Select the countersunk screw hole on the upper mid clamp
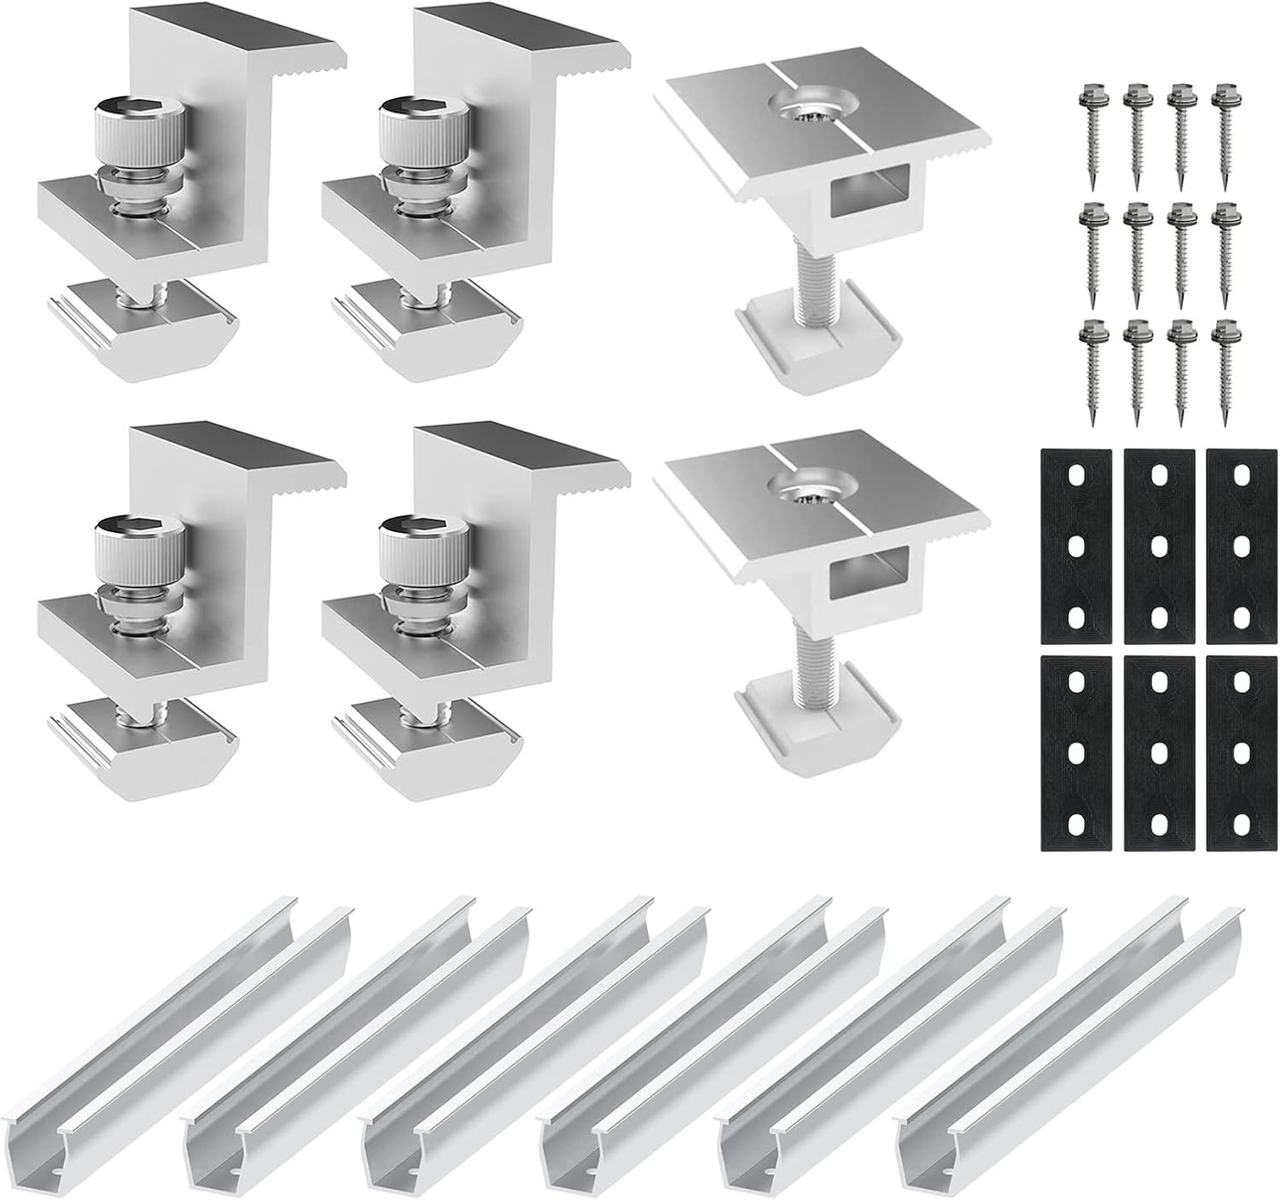[x=803, y=108]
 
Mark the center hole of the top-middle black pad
[x=1158, y=543]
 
